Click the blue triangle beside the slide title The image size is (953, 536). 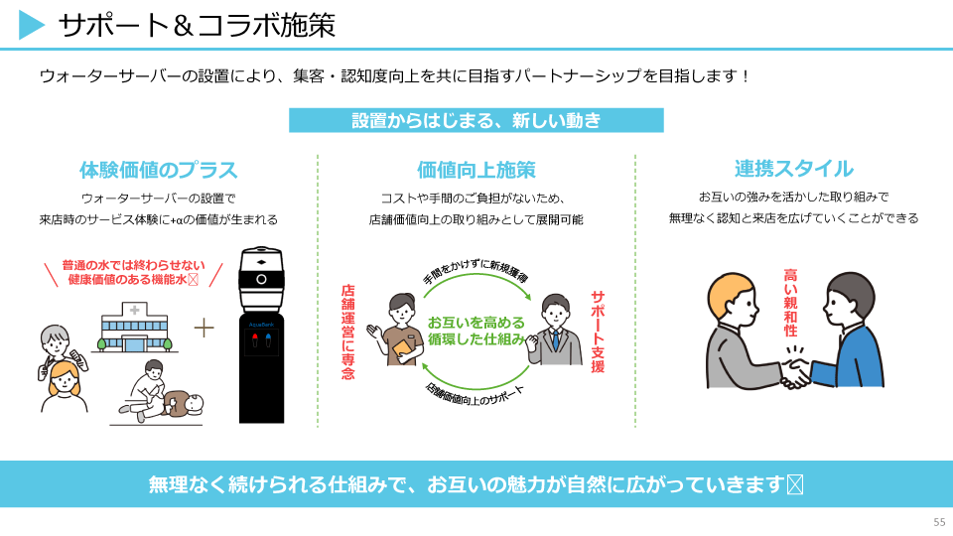click(31, 25)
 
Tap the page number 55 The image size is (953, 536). click(939, 522)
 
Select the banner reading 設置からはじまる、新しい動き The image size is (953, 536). click(476, 120)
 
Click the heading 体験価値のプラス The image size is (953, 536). click(158, 170)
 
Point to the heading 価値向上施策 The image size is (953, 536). click(476, 170)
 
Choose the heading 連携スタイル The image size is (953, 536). click(794, 169)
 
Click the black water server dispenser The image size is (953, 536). click(261, 335)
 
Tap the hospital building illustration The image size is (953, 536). click(134, 328)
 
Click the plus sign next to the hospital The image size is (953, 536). click(204, 329)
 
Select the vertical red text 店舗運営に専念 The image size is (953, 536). click(347, 332)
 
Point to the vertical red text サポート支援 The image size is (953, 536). click(598, 332)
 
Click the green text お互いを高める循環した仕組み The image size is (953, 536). click(476, 331)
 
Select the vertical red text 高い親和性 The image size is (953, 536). click(790, 303)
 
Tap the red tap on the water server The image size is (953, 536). click(255, 339)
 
